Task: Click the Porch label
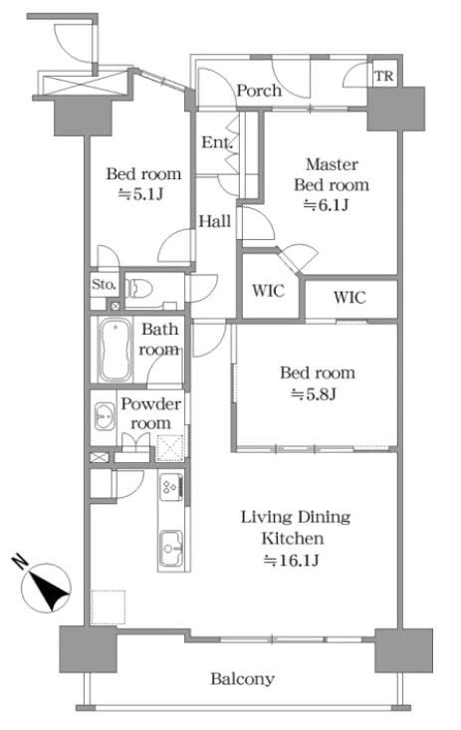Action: coord(259,90)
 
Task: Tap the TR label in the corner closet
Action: coord(384,76)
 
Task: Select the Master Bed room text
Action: coord(332,174)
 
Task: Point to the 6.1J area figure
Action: coord(326,205)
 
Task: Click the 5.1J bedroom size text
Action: coord(140,193)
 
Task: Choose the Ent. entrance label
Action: coord(217,141)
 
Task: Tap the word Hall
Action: coord(215,221)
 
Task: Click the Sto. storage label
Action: coord(104,284)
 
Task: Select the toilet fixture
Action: coord(139,288)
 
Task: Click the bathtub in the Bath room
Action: coord(115,350)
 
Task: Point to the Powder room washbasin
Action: coord(105,415)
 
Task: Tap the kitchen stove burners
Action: coord(169,487)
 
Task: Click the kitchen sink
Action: coord(171,548)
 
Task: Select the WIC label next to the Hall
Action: coord(268,291)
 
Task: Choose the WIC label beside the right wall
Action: coord(349,297)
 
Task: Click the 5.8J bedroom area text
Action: coord(314,394)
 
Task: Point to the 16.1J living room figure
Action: coord(292,560)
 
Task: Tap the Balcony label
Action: coord(242,679)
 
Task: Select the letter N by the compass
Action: coord(20,562)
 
